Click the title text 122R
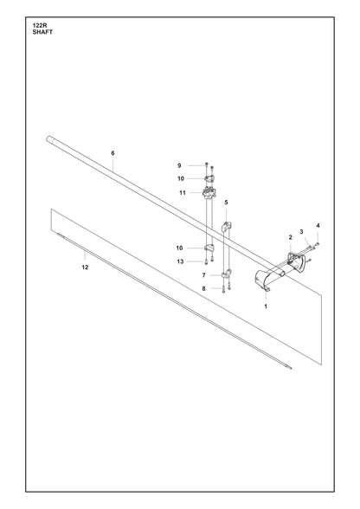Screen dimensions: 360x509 pyautogui.click(x=40, y=25)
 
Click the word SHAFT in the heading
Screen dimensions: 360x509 pyautogui.click(x=42, y=32)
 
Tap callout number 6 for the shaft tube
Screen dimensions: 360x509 pyautogui.click(x=112, y=153)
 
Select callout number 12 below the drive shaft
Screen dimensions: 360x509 pyautogui.click(x=85, y=267)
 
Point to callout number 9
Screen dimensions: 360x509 pyautogui.click(x=179, y=166)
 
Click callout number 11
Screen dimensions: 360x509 pyautogui.click(x=183, y=193)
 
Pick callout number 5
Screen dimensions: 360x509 pyautogui.click(x=226, y=203)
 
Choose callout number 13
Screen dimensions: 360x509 pyautogui.click(x=180, y=261)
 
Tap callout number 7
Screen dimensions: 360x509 pyautogui.click(x=204, y=275)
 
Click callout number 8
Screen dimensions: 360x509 pyautogui.click(x=204, y=288)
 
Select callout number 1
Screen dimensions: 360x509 pyautogui.click(x=266, y=306)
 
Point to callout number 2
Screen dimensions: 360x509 pyautogui.click(x=290, y=237)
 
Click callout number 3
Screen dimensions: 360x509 pyautogui.click(x=301, y=232)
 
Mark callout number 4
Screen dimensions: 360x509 pyautogui.click(x=318, y=226)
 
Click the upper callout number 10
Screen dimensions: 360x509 pyautogui.click(x=181, y=178)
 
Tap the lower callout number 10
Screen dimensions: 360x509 pyautogui.click(x=179, y=248)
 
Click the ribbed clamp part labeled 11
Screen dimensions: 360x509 pyautogui.click(x=209, y=192)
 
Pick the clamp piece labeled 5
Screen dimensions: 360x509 pyautogui.click(x=226, y=226)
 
